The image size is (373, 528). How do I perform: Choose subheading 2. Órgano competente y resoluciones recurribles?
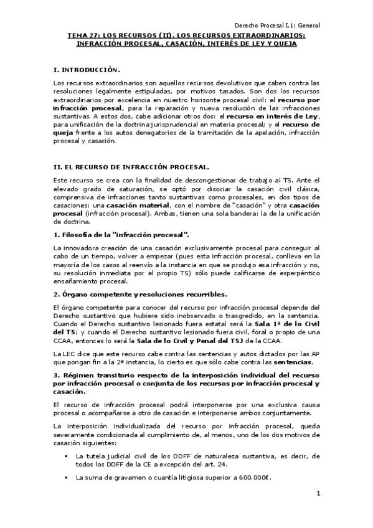140,294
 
